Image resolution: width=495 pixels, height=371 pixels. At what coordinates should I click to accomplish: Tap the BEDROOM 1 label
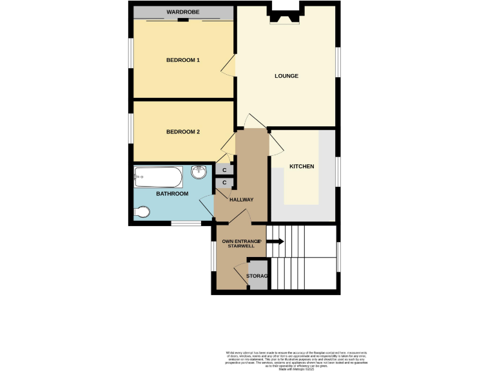point(183,61)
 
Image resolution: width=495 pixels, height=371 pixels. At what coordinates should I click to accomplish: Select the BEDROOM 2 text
point(183,132)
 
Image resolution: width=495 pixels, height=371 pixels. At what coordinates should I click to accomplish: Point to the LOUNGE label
point(286,76)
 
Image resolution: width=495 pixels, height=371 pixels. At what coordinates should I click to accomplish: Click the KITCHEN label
point(302,167)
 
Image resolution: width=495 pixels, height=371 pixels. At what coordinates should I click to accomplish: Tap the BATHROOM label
point(172,194)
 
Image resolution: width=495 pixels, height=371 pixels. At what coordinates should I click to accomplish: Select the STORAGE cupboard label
point(258,276)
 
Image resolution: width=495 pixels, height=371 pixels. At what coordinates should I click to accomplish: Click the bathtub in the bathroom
point(159,175)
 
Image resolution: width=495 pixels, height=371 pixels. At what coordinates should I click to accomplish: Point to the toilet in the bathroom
point(142,212)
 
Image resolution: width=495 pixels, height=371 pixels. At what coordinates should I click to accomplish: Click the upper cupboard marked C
point(224,169)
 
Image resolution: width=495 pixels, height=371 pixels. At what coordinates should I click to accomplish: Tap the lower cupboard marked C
point(224,183)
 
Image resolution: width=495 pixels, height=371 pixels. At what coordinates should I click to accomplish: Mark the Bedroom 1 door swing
point(229,65)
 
